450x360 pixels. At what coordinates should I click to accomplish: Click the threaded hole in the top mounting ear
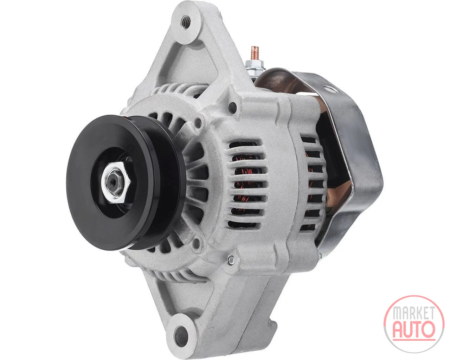[x=186, y=20]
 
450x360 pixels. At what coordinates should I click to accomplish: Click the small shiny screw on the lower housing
[x=231, y=260]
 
